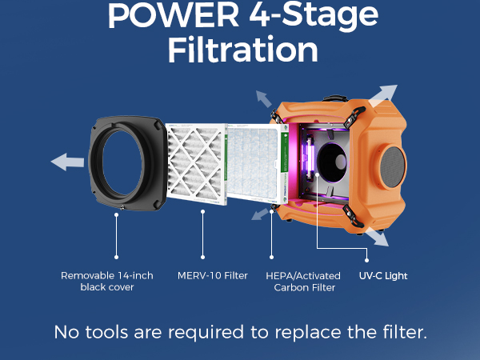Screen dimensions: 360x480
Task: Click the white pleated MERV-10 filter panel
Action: pyautogui.click(x=196, y=167)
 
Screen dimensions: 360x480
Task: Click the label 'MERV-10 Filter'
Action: pyautogui.click(x=213, y=276)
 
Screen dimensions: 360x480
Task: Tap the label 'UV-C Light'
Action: pyautogui.click(x=383, y=276)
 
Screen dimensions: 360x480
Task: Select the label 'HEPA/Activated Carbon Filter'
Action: pyautogui.click(x=301, y=282)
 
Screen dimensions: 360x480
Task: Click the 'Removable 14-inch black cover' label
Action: pyautogui.click(x=106, y=282)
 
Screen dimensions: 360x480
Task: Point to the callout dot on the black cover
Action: pyautogui.click(x=118, y=211)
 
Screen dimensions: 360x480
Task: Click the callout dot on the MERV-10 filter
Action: pyautogui.click(x=204, y=211)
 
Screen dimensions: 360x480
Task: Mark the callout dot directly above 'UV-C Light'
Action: pyautogui.click(x=368, y=258)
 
